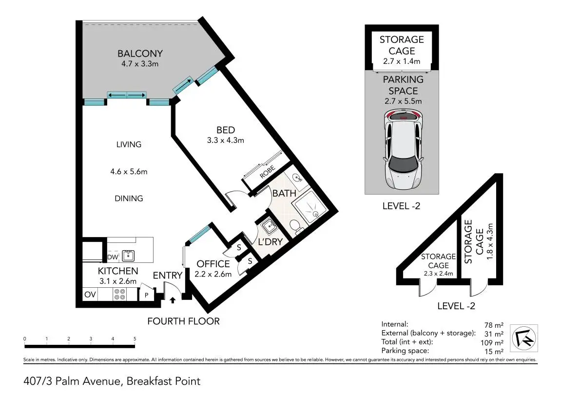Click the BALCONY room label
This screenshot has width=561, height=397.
[x=140, y=54]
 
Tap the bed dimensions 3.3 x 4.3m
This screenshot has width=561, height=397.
[x=225, y=140]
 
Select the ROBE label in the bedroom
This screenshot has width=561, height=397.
[x=267, y=172]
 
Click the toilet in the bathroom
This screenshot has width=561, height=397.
[x=295, y=227]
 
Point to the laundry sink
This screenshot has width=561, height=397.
[x=268, y=226]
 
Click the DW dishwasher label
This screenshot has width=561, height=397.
[x=112, y=257]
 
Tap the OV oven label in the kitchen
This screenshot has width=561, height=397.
[x=90, y=294]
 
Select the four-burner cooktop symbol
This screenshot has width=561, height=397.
[x=119, y=294]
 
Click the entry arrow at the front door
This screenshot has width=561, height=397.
[x=173, y=300]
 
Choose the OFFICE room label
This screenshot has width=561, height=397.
[x=213, y=264]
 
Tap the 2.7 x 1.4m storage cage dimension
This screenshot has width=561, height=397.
[x=402, y=61]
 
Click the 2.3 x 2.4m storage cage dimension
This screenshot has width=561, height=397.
[x=438, y=274]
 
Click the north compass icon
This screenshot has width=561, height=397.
[x=524, y=338]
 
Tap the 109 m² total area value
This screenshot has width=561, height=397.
[x=492, y=342]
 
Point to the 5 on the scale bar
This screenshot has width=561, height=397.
[x=135, y=338]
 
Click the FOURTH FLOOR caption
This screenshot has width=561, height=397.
[x=184, y=321]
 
